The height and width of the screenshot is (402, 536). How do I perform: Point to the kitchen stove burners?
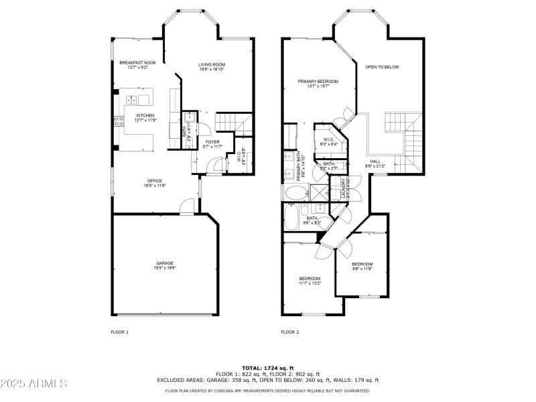[120, 121]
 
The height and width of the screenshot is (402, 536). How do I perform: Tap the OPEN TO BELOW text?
[382, 67]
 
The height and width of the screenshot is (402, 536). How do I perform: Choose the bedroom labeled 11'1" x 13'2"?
[310, 280]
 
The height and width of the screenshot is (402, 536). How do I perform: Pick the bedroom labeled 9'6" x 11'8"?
[362, 266]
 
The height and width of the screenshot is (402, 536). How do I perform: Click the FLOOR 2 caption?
[290, 332]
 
